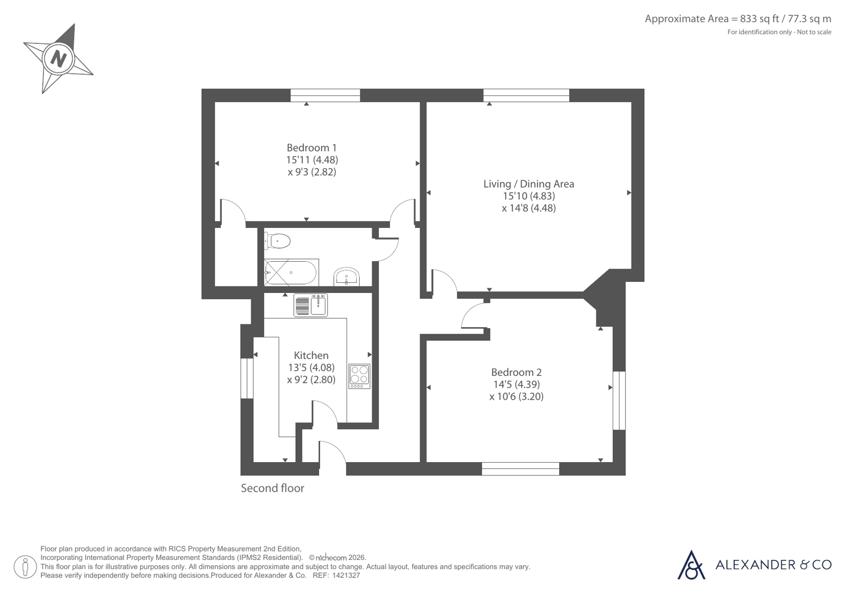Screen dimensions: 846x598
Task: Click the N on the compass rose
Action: tap(59, 59)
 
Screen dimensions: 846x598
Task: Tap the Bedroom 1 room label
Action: tap(312, 148)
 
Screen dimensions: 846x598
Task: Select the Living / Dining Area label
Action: tap(529, 184)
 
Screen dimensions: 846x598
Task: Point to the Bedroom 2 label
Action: tap(516, 372)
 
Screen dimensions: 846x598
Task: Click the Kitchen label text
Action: tap(311, 355)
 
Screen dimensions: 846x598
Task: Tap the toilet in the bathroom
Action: tap(277, 241)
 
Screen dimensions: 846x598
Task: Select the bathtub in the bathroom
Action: tap(291, 272)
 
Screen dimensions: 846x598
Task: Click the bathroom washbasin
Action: tap(347, 277)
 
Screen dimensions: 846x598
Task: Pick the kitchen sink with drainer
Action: tap(311, 305)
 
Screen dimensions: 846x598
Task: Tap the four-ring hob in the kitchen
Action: tap(359, 376)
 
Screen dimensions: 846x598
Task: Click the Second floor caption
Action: tap(272, 488)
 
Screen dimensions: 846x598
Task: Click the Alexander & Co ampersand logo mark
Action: tap(691, 565)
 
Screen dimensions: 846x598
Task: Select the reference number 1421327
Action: tap(346, 576)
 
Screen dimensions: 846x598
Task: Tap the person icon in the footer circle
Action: tap(25, 567)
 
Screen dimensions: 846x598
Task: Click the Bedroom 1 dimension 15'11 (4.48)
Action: tap(312, 160)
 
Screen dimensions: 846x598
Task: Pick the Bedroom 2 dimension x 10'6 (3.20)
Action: tap(516, 397)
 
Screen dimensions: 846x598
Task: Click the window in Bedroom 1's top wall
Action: tap(325, 96)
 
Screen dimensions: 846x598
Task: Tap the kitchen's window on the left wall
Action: tap(247, 378)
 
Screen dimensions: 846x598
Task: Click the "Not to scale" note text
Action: tap(814, 32)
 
